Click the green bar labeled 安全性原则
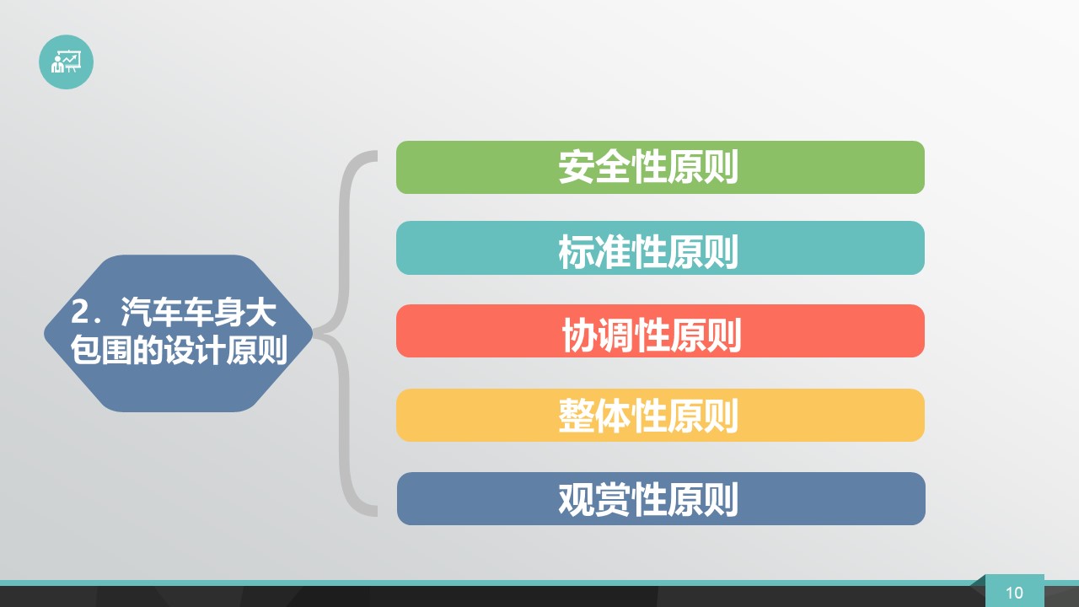point(660,167)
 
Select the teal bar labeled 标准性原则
point(660,248)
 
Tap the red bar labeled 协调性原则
point(660,331)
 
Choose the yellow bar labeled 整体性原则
point(660,416)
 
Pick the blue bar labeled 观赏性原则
point(661,498)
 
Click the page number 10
point(1014,593)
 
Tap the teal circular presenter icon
point(66,62)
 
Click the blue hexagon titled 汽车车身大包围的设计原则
point(178,333)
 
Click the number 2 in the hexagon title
point(79,312)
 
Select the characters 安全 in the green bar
point(594,167)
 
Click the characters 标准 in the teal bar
point(594,251)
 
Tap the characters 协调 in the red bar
point(599,335)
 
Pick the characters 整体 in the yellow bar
point(594,416)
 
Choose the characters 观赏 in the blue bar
point(594,500)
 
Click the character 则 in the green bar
point(721,167)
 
